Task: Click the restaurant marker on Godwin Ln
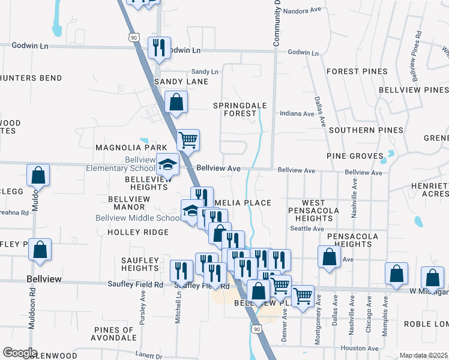[159, 48]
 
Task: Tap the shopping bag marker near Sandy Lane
[176, 102]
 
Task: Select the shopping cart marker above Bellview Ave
[188, 140]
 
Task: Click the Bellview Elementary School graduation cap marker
[168, 164]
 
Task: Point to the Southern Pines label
[357, 130]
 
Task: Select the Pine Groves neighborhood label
[355, 156]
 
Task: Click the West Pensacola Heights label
[313, 211]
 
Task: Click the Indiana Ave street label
[297, 113]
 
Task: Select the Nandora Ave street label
[304, 11]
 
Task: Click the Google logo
[20, 353]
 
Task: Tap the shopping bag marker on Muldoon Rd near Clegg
[38, 175]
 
